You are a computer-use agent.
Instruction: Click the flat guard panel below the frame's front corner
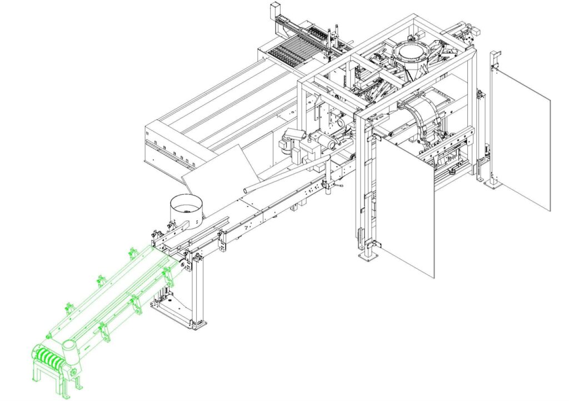405,205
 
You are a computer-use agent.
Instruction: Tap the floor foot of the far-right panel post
492,183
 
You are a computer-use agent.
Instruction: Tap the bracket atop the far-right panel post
495,56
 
